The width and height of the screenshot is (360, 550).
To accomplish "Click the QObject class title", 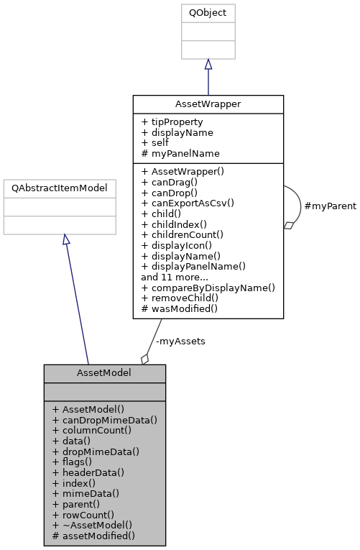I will pyautogui.click(x=208, y=13).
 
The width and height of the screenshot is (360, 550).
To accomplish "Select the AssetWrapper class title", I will pyautogui.click(x=208, y=104).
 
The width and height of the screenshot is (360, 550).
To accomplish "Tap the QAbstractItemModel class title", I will pyautogui.click(x=60, y=188).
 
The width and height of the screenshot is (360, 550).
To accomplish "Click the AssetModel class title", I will pyautogui.click(x=104, y=373).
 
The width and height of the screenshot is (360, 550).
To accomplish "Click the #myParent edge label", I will pyautogui.click(x=330, y=206).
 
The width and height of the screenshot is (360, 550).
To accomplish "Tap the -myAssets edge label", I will pyautogui.click(x=180, y=341).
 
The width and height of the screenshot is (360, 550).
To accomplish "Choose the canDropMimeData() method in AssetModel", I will pyautogui.click(x=104, y=420).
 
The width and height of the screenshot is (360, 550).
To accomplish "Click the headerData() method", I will pyautogui.click(x=88, y=472).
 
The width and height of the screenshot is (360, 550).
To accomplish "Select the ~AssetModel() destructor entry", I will pyautogui.click(x=92, y=525).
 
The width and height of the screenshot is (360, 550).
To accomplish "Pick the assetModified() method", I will pyautogui.click(x=93, y=536).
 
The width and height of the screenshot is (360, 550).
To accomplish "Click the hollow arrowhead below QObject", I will pyautogui.click(x=208, y=65).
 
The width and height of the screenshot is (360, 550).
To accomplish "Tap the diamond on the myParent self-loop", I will pyautogui.click(x=289, y=225).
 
